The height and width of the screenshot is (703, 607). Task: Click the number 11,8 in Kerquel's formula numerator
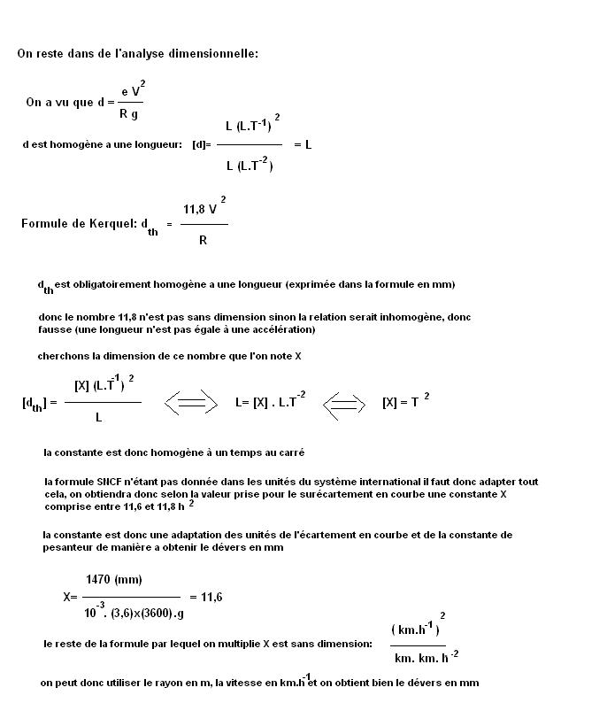pyautogui.click(x=195, y=210)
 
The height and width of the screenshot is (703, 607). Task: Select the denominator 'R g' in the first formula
pyautogui.click(x=128, y=113)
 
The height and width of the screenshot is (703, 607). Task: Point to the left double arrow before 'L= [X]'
pyautogui.click(x=191, y=403)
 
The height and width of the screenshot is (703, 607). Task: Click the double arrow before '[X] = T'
pyautogui.click(x=344, y=403)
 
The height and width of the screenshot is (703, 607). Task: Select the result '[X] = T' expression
pyautogui.click(x=403, y=402)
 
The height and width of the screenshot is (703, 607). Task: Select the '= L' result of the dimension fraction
pyautogui.click(x=302, y=144)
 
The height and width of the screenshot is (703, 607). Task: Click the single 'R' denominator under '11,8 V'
pyautogui.click(x=203, y=239)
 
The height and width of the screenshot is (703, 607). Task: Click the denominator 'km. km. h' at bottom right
pyautogui.click(x=421, y=657)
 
